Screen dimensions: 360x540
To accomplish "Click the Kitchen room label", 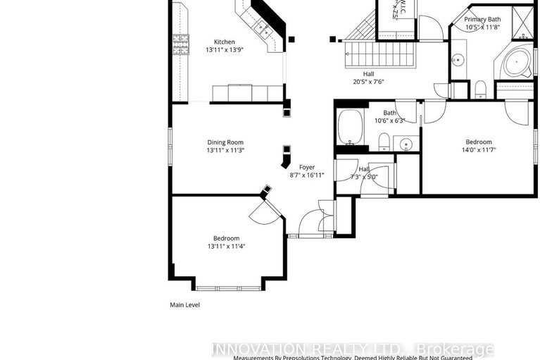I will pos(225,42).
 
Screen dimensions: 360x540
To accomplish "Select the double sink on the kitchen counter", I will pos(265,30).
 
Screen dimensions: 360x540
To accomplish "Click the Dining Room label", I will pos(225,142).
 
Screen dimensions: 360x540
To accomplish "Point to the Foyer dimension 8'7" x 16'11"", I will pos(306,175).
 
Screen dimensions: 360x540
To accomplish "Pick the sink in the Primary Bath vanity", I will pos(458,60).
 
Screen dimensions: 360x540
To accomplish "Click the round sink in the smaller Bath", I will pos(406,144).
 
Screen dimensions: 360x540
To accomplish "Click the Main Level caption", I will pos(186,305).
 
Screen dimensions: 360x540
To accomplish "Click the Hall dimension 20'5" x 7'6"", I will pos(368,82).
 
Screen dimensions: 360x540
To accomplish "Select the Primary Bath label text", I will pos(482,19).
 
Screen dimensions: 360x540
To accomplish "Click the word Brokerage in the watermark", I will pos(456,349).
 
